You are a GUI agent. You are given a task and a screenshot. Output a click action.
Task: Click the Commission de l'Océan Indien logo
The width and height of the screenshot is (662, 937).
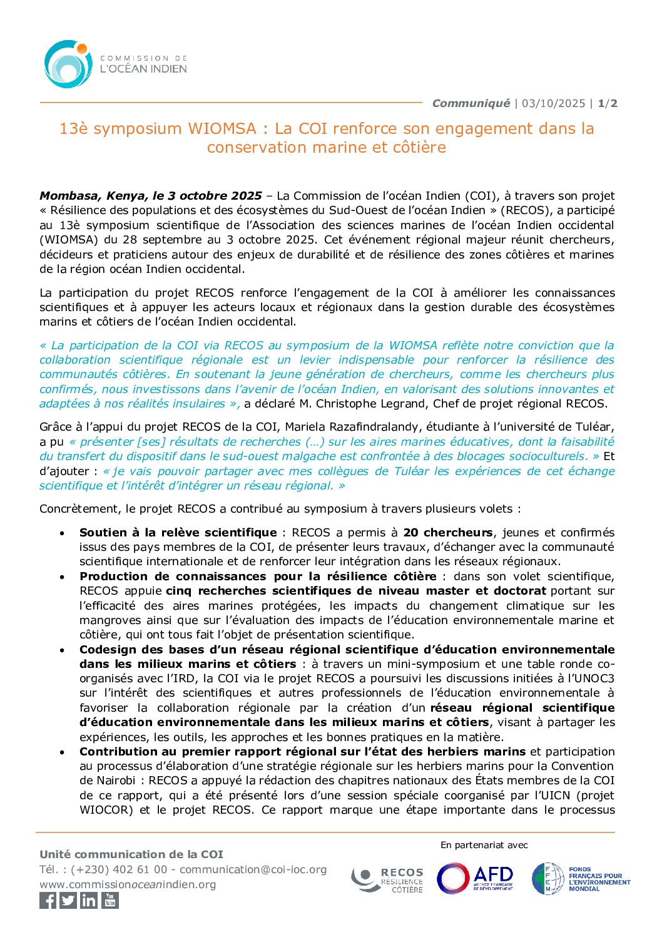[115, 64]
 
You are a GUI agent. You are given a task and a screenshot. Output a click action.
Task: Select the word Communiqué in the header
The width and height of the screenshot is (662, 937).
[471, 103]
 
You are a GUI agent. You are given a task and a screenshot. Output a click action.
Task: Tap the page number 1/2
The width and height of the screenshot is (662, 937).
[608, 103]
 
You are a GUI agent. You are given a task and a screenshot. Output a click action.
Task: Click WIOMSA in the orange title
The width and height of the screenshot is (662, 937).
[222, 129]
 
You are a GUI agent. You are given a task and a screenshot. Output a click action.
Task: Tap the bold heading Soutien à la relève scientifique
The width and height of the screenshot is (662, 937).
[178, 533]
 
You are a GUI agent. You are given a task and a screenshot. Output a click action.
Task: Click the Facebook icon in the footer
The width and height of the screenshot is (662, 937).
[48, 901]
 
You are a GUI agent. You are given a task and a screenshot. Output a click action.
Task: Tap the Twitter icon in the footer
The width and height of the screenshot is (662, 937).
[68, 901]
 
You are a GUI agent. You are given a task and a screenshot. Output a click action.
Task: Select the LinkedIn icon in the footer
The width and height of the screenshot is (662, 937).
[89, 901]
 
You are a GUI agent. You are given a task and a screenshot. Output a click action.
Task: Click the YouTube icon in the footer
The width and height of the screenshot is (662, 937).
[110, 901]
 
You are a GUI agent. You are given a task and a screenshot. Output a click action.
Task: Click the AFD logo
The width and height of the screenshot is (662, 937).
[476, 878]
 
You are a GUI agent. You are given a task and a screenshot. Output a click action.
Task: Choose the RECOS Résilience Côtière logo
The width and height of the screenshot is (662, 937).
[387, 880]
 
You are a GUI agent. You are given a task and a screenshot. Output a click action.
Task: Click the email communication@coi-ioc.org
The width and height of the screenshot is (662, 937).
[253, 870]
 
